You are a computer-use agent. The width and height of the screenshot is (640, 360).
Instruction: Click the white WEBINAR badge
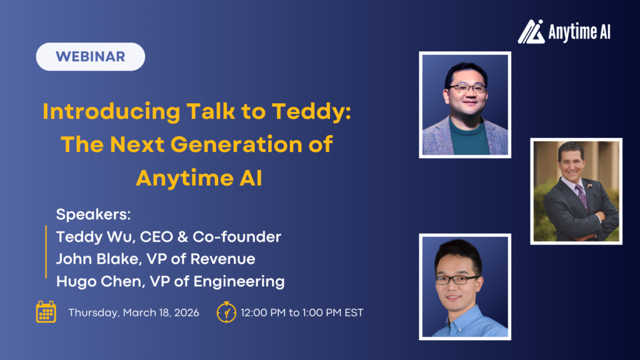tap(91, 57)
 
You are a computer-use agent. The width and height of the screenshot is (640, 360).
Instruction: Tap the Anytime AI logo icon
tap(531, 31)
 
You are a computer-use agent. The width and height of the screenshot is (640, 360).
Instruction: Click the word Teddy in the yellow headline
tap(307, 111)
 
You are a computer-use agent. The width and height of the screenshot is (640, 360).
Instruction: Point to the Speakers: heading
tap(93, 214)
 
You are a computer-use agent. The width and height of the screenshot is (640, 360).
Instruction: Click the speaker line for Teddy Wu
tap(169, 237)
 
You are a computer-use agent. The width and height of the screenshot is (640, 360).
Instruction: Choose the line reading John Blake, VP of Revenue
tap(156, 259)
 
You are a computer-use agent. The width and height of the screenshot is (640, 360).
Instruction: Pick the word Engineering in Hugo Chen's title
tap(239, 282)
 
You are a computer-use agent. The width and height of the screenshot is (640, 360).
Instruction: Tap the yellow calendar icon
tap(46, 312)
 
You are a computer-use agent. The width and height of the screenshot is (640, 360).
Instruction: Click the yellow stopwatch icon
tap(226, 312)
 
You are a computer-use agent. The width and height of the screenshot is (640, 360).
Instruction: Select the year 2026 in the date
tap(186, 312)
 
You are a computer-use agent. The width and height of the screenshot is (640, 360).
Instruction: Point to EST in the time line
tap(354, 312)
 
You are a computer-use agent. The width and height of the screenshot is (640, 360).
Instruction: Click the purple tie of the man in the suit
tap(581, 195)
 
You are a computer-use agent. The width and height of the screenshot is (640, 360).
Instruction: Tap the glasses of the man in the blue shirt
tap(457, 280)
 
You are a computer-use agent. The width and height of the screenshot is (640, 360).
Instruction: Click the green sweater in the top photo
tap(469, 137)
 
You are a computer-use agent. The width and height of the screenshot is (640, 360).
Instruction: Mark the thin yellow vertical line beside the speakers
tap(46, 252)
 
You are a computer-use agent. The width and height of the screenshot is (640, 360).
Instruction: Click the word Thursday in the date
tap(94, 312)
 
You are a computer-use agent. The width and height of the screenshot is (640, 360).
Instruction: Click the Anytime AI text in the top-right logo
tap(579, 32)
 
